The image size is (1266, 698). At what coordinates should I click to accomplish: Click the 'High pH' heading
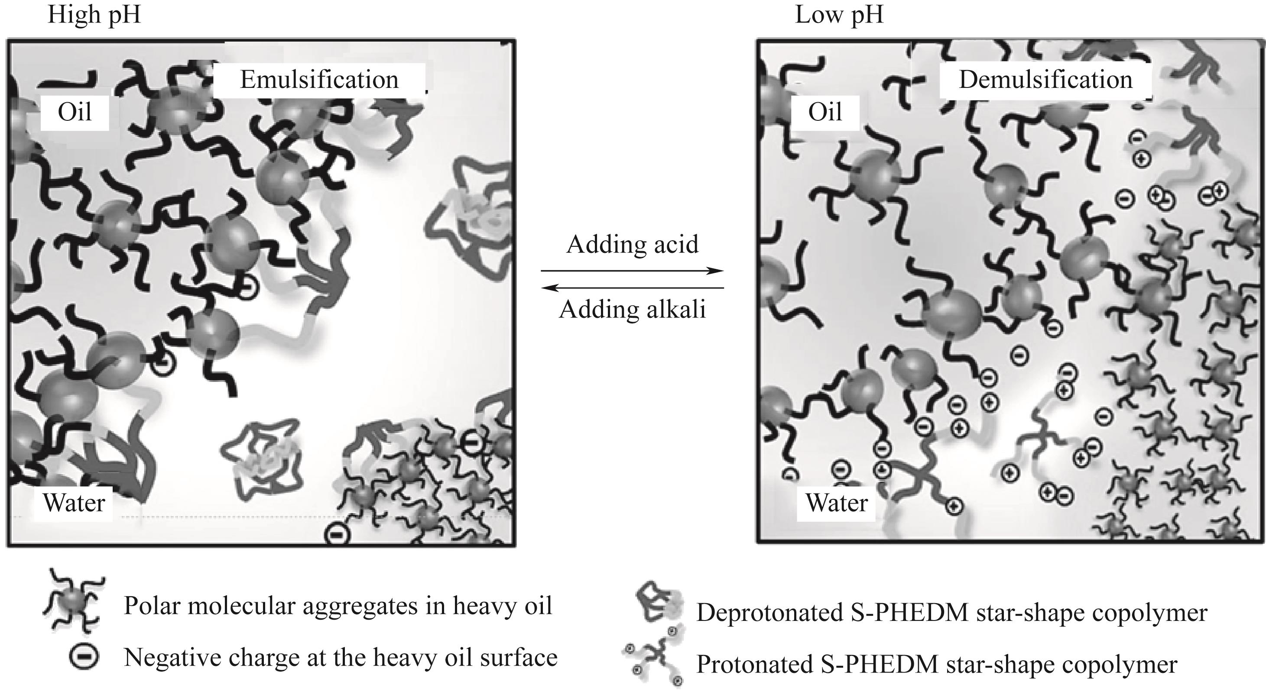click(94, 15)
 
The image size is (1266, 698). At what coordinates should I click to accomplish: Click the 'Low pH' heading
click(839, 15)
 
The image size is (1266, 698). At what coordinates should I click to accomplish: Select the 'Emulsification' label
click(319, 80)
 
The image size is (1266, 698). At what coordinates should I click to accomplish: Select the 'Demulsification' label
click(1045, 80)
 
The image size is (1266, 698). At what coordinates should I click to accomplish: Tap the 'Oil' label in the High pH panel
click(75, 113)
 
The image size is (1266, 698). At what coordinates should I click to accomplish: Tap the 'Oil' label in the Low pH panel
click(825, 113)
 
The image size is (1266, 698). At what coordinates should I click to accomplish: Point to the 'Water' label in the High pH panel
click(74, 503)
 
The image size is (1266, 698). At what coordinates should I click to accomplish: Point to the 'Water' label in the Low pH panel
click(837, 503)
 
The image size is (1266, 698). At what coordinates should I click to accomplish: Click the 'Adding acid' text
click(632, 244)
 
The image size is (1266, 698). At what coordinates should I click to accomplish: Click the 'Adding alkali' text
click(632, 310)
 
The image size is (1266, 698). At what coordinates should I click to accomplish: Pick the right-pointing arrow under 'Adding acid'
click(632, 271)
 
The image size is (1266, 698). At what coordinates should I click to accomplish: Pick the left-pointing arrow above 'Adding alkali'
click(632, 288)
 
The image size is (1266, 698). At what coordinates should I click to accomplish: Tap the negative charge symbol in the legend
click(84, 657)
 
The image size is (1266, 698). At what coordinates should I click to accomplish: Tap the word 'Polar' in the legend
click(150, 606)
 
